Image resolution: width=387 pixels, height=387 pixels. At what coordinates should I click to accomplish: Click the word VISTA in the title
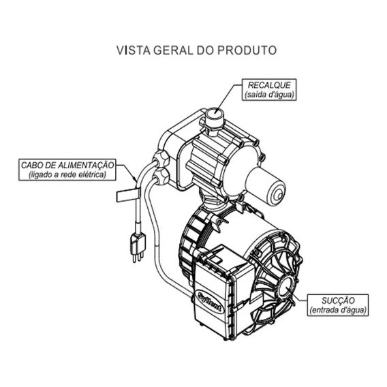point(134,50)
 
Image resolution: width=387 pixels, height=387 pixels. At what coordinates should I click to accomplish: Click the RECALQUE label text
point(269,85)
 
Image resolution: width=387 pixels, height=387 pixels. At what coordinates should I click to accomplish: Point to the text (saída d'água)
point(269,94)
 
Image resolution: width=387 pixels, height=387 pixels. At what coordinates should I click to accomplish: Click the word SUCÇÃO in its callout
point(338,300)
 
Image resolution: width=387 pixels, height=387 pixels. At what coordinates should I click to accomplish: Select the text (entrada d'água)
point(338,310)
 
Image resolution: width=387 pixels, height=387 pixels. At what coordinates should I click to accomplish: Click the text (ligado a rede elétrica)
point(67,174)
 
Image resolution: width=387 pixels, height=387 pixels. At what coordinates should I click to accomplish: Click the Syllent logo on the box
point(210,302)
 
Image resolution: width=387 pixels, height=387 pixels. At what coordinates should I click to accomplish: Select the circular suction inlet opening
point(286,288)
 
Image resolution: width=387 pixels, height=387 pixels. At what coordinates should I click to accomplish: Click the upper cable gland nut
point(161,159)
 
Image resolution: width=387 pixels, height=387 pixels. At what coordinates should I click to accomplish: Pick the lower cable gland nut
point(161,176)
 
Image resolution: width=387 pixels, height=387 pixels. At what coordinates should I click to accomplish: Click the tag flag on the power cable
point(127,196)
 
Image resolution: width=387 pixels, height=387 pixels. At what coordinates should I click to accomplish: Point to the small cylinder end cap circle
point(278,195)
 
